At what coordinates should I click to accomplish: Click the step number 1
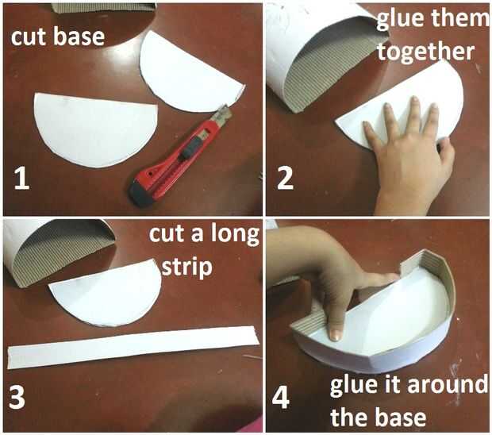point(22,178)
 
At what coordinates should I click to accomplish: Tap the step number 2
point(285,178)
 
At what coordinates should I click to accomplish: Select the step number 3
point(17,396)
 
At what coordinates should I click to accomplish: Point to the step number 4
point(280,398)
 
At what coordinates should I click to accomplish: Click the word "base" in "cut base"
point(79,36)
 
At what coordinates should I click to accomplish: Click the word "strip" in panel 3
point(187,268)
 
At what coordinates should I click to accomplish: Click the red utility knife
point(180,156)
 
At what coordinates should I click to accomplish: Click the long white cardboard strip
point(133,347)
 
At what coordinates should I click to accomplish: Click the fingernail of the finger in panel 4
point(336,336)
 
